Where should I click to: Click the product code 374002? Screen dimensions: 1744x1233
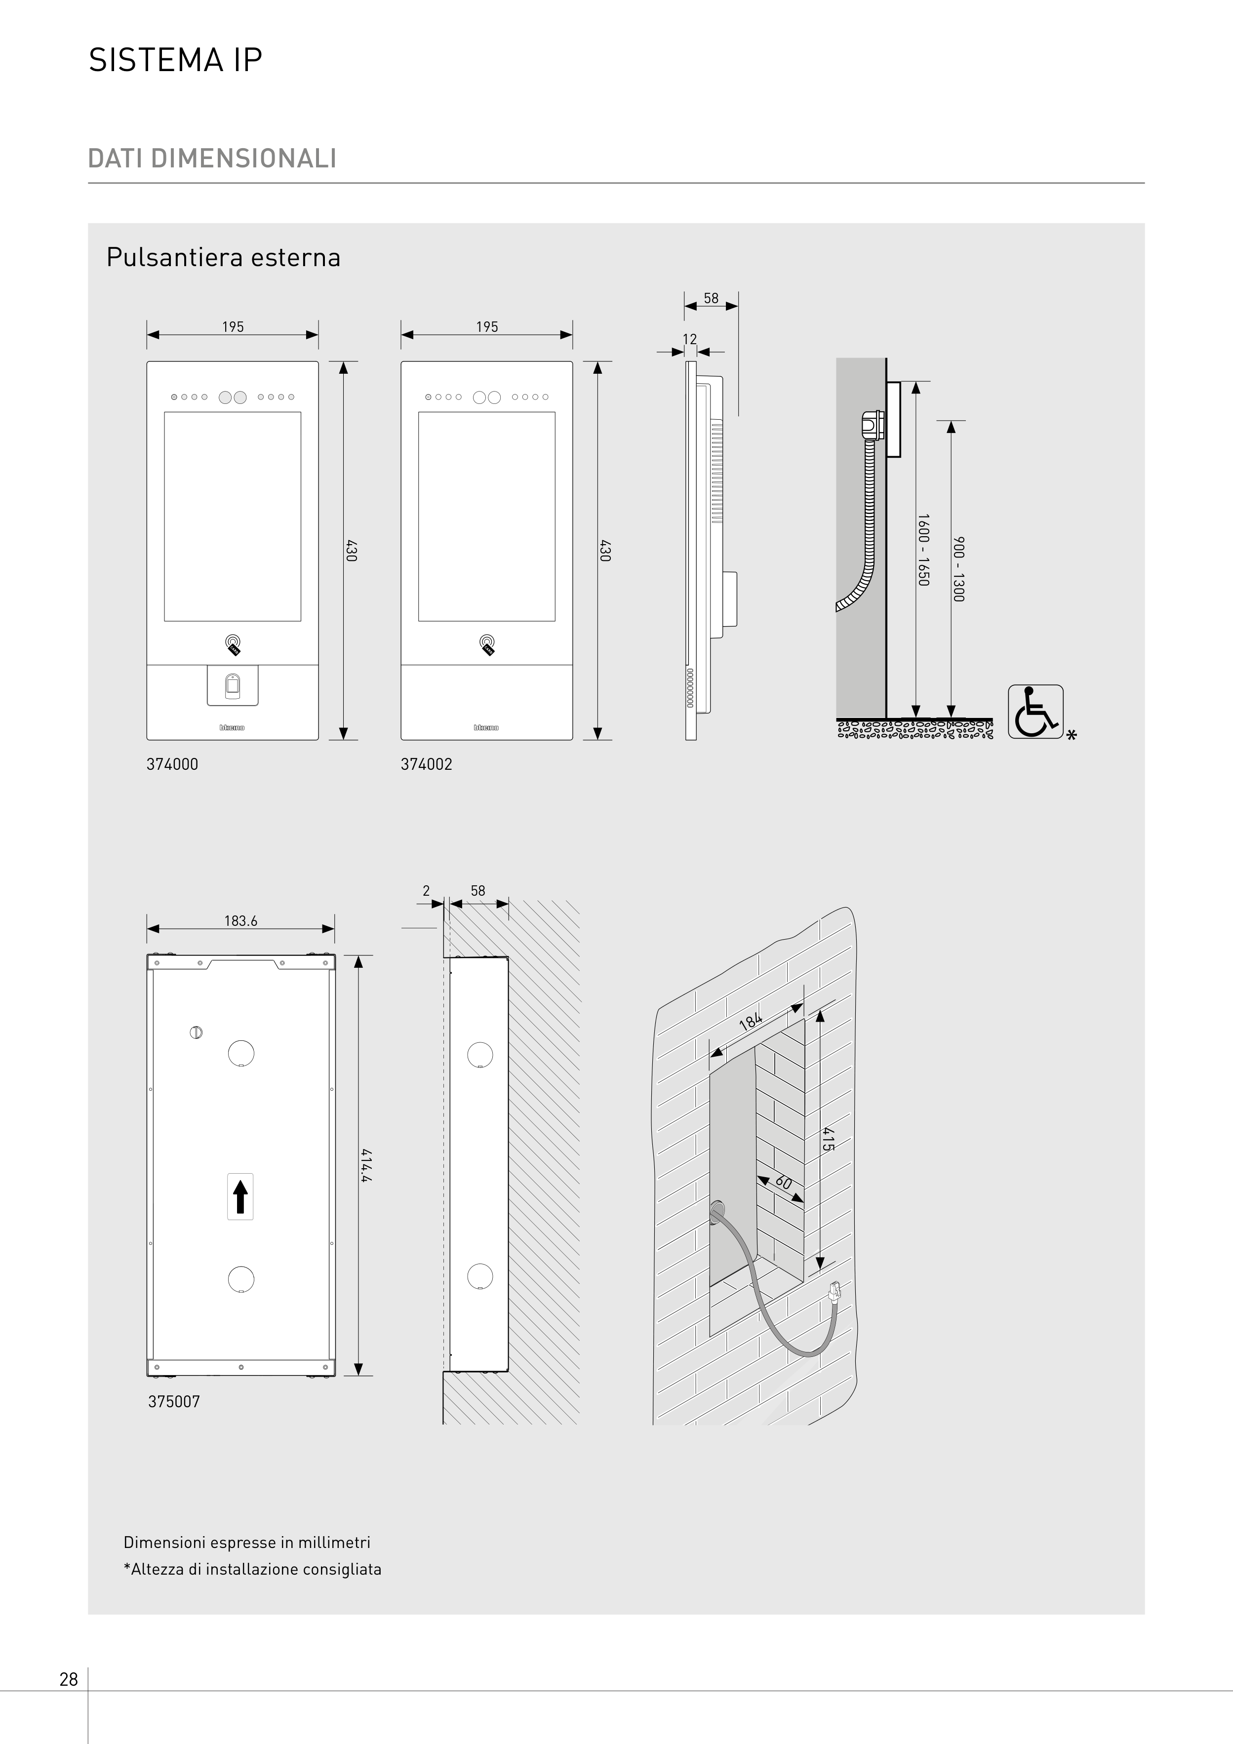(426, 764)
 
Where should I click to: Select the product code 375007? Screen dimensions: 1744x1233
(174, 1401)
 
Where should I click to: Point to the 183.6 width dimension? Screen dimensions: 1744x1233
(241, 920)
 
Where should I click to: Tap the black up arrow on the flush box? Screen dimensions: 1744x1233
(240, 1196)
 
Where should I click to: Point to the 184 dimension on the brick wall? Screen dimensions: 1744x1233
(751, 1020)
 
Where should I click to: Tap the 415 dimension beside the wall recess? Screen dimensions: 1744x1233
(828, 1139)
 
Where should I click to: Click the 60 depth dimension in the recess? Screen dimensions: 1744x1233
(783, 1183)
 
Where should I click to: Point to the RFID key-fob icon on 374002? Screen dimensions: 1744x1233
(487, 645)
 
